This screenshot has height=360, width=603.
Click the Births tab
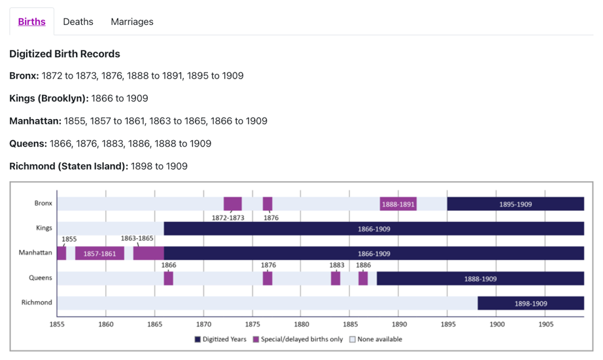coord(32,22)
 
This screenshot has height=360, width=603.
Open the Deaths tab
coord(78,22)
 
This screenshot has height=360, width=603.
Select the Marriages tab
coord(132,22)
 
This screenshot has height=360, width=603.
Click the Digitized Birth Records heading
coord(65,54)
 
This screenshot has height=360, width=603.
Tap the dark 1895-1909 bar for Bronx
coord(515,204)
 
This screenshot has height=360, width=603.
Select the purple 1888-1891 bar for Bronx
coord(398,204)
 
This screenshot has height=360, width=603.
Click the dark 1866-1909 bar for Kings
coord(373,229)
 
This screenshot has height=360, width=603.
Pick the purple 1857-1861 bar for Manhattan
coord(99,253)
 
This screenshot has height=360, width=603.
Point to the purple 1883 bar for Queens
coord(336,278)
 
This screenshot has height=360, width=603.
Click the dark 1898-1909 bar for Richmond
coord(530,303)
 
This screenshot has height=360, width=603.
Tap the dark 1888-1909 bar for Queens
coord(480,278)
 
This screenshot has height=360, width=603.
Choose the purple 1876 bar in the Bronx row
coord(267,204)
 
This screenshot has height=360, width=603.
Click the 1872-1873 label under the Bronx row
coord(228,217)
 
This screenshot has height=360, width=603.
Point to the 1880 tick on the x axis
coord(301,324)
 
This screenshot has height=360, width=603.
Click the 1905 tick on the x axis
coord(545,324)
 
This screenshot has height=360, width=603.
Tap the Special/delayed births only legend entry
coord(298,339)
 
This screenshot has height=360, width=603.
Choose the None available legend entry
coord(375,339)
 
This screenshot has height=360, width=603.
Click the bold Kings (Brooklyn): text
coord(49,98)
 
